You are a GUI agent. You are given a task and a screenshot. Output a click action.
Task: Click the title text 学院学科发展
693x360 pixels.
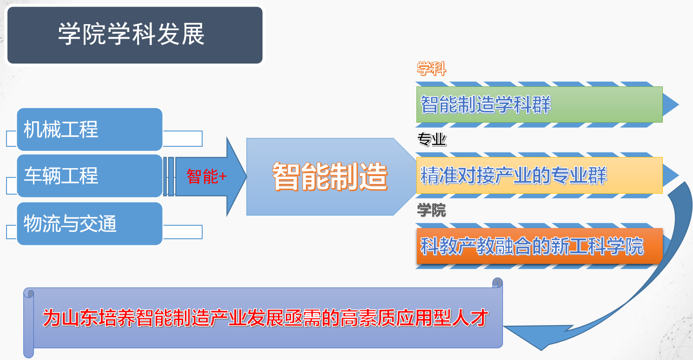131,34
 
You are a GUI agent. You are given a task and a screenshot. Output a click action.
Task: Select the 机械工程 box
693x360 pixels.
90,129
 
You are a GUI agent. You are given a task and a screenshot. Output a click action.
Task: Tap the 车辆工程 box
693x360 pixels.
90,176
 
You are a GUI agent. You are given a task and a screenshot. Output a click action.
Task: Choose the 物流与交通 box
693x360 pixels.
90,223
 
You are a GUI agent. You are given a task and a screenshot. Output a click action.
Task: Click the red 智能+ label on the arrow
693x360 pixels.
207,177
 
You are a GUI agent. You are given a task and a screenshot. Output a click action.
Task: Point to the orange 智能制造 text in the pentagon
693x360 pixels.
330,177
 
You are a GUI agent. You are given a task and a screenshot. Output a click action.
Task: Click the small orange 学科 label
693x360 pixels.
432,68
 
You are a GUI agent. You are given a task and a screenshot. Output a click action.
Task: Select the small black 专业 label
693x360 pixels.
432,139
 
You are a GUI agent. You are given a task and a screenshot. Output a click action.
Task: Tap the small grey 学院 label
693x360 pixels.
432,210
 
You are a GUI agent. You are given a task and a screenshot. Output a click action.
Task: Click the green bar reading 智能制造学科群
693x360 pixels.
539,105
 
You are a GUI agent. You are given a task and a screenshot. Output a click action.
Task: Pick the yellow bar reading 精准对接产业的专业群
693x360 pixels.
539,176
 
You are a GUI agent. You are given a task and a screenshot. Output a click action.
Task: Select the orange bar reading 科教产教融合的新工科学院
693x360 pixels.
539,246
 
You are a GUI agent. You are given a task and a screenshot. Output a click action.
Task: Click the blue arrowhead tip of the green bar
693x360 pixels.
679,105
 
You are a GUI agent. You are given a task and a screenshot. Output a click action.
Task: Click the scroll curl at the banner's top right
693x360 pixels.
497,283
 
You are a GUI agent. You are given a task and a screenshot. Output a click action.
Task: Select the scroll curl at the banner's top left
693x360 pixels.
29,293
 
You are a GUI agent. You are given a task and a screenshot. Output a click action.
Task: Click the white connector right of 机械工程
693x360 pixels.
183,138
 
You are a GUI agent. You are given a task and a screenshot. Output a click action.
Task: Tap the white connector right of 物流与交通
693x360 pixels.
183,232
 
